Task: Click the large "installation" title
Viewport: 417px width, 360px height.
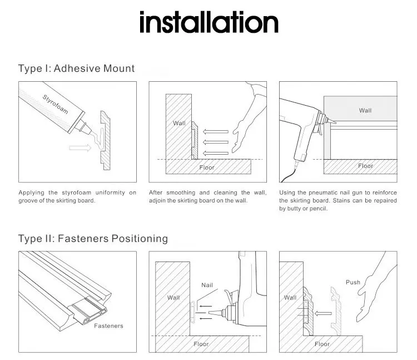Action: [x=209, y=23]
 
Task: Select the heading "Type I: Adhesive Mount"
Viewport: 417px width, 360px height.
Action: [x=77, y=69]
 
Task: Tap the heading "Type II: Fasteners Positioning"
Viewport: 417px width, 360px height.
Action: [x=93, y=239]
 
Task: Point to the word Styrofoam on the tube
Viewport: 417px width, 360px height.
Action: [x=55, y=104]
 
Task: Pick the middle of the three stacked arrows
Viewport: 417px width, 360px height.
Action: [x=215, y=142]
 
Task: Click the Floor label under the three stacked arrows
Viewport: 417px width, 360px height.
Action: [x=208, y=167]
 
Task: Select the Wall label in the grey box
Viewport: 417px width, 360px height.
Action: [x=365, y=111]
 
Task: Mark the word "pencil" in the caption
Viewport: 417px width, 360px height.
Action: [x=316, y=209]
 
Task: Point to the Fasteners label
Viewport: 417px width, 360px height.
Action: [x=108, y=326]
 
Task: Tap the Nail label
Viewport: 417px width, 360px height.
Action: [x=207, y=285]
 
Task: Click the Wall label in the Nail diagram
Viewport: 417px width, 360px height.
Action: [x=173, y=298]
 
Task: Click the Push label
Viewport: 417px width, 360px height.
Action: [x=353, y=282]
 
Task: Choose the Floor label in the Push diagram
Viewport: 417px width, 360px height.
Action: [x=322, y=344]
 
